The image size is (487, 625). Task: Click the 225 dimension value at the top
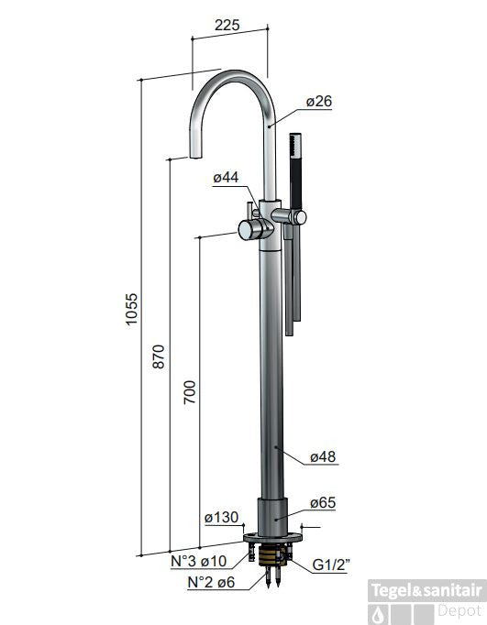coord(227,25)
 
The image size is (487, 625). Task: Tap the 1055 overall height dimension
coord(131,310)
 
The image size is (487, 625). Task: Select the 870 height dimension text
coord(159,356)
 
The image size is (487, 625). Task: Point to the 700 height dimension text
coord(190,392)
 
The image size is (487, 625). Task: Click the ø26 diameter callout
coord(319,101)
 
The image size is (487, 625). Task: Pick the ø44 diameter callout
coord(226,177)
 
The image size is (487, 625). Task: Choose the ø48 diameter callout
coord(323,456)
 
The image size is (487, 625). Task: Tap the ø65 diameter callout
coord(323,502)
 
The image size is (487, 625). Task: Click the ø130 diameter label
coord(221,518)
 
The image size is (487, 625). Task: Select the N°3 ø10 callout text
coord(199,561)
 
